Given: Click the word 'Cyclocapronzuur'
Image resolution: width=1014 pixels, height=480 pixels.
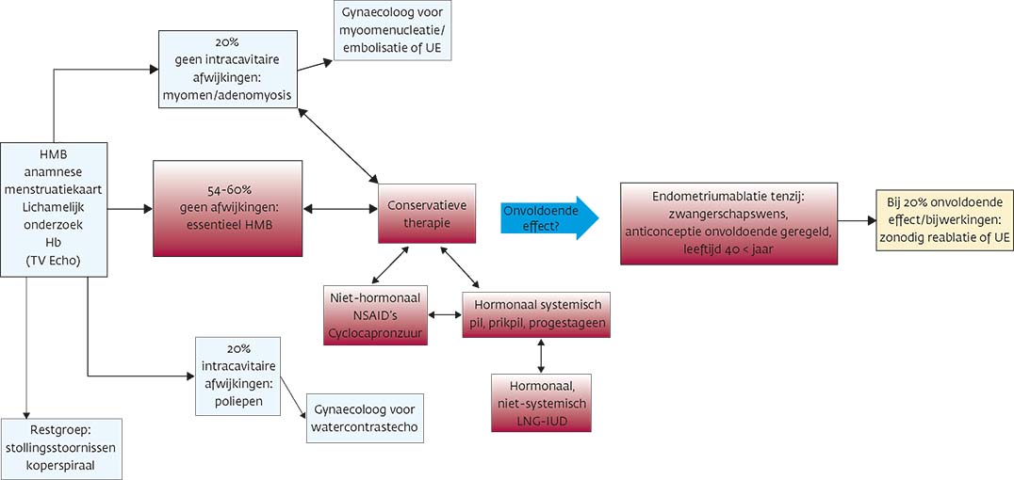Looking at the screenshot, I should pyautogui.click(x=375, y=330).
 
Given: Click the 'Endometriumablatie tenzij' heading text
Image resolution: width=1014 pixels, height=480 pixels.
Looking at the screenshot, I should pyautogui.click(x=729, y=197).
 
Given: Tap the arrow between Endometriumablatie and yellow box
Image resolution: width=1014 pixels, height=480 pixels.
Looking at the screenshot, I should pyautogui.click(x=856, y=222).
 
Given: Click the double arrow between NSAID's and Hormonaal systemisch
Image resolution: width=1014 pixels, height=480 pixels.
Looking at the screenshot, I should pyautogui.click(x=445, y=314).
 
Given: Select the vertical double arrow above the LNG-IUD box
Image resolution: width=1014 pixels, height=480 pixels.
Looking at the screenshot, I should pyautogui.click(x=540, y=356).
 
